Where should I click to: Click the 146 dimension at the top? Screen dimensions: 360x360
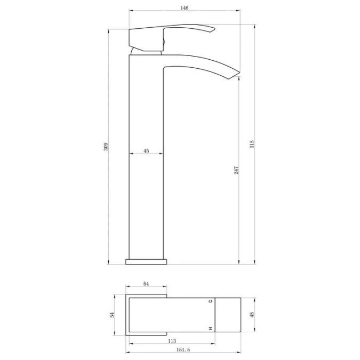click(x=184, y=9)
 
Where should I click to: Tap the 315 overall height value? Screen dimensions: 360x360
click(x=252, y=144)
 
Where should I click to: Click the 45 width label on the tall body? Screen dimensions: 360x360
click(x=146, y=151)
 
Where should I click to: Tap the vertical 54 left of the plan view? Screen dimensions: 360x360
click(x=113, y=314)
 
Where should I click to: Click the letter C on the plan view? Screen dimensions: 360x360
click(x=211, y=301)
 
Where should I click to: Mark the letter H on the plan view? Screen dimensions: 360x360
click(x=211, y=327)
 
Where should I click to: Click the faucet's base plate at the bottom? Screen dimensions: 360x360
click(x=146, y=261)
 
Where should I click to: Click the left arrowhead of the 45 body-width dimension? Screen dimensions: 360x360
click(x=131, y=154)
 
